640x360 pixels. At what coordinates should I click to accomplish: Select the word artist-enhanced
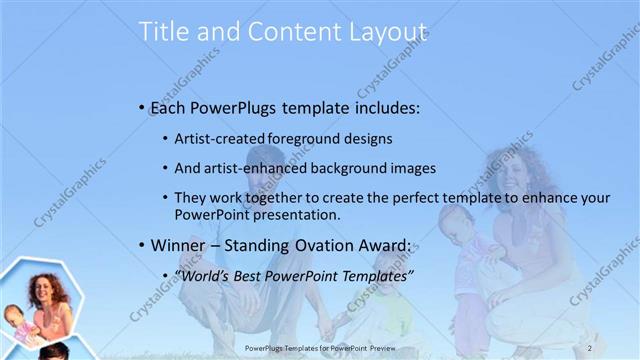tap(258, 168)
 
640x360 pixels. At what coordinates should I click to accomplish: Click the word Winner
tap(178, 246)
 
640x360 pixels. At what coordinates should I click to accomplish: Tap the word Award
tap(381, 246)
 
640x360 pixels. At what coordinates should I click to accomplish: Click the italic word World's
tap(207, 276)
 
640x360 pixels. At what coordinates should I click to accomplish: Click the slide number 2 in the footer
tap(591, 347)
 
